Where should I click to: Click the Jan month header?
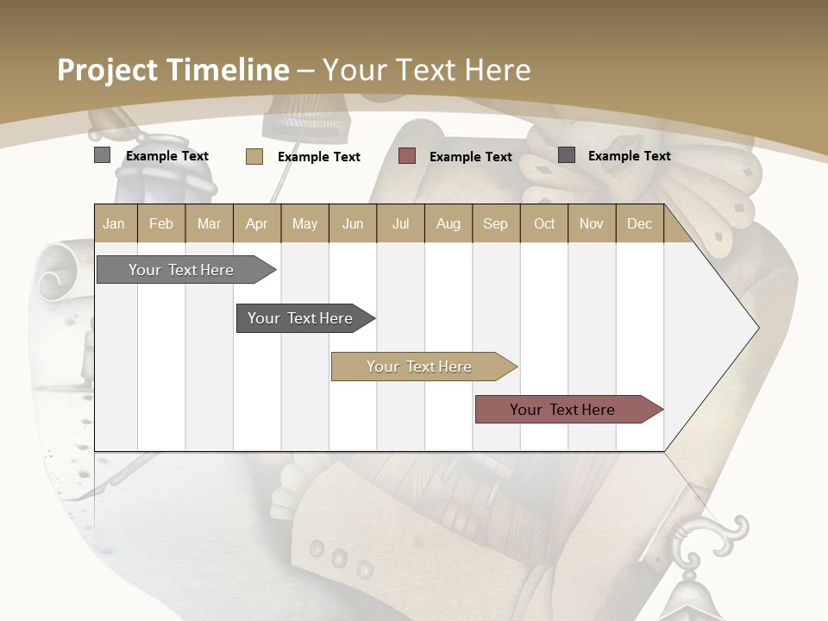click(114, 223)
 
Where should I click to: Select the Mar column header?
click(209, 223)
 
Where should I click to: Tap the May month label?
click(304, 223)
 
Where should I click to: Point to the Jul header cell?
click(400, 223)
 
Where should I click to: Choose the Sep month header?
click(495, 223)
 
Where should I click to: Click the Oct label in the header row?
click(544, 223)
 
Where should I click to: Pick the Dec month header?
click(639, 223)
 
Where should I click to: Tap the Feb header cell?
click(161, 223)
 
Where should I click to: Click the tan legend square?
click(254, 156)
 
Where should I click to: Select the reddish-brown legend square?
click(407, 156)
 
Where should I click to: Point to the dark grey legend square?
click(567, 155)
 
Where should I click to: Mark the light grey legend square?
click(103, 155)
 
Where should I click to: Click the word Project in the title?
click(108, 70)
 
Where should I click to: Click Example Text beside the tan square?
click(319, 157)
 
